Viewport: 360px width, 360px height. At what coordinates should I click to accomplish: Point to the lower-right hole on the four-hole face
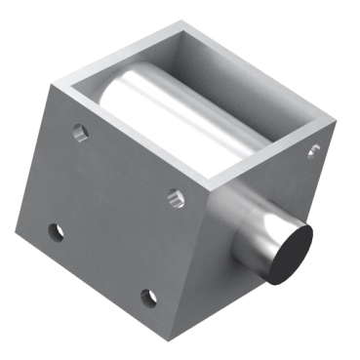[x=148, y=297]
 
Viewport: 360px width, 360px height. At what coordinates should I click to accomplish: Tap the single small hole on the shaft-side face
[x=313, y=150]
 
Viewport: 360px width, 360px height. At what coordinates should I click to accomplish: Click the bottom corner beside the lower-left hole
[x=18, y=233]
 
